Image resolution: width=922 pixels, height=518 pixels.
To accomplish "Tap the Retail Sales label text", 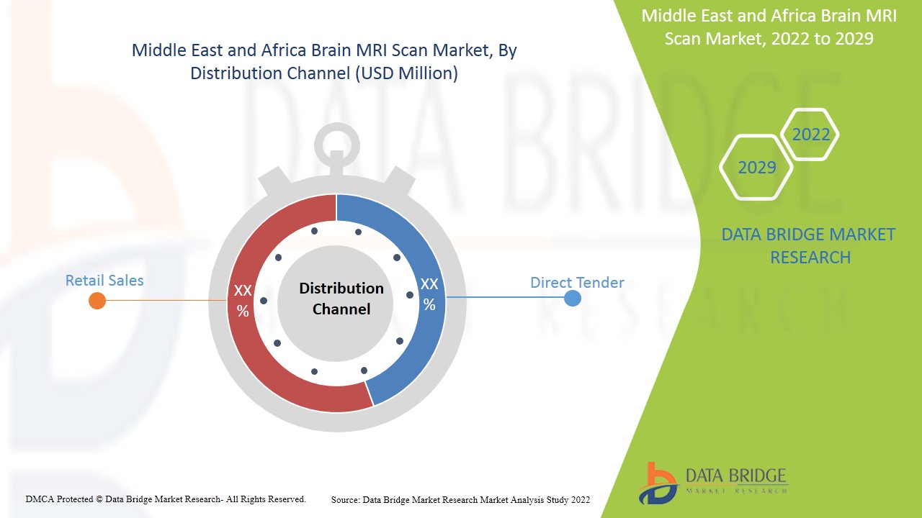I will pos(104,281).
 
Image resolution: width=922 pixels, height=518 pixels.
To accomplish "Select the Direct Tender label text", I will pos(577,283).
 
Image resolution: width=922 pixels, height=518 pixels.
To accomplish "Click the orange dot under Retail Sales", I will pos(97,301).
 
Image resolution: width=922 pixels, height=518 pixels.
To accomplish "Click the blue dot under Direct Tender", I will pos(573,298).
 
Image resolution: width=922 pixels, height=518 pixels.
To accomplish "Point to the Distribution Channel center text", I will pos(341,299).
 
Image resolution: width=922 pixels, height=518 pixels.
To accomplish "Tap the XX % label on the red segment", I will pos(243,301).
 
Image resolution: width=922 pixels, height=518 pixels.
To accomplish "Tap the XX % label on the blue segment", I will pos(429,294).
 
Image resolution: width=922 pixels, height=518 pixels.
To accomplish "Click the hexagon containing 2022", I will pos(810,135).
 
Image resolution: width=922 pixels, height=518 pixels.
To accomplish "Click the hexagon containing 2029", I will pos(756,168).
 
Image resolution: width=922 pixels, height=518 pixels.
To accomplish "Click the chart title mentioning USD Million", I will pos(324,62).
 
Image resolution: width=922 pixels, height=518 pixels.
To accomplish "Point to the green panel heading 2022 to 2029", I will pos(769,27).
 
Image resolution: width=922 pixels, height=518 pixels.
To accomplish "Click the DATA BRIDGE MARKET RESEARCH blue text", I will pos(810,245).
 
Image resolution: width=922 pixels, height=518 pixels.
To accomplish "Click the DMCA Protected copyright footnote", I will pos(166,499).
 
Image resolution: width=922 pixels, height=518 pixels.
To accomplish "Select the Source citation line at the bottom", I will pos(460,499).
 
